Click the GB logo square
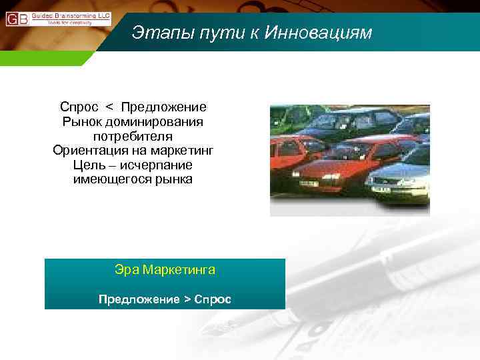(x=17, y=19)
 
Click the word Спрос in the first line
(x=79, y=107)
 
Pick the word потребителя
(x=133, y=136)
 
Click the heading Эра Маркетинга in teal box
(x=165, y=270)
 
